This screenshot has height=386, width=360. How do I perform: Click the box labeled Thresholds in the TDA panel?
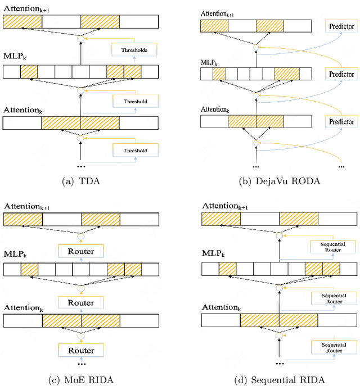click(134, 51)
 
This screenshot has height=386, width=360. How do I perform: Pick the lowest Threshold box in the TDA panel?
click(134, 151)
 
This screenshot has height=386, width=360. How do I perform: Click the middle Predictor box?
click(341, 74)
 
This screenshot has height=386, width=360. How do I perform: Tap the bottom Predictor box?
click(341, 121)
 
